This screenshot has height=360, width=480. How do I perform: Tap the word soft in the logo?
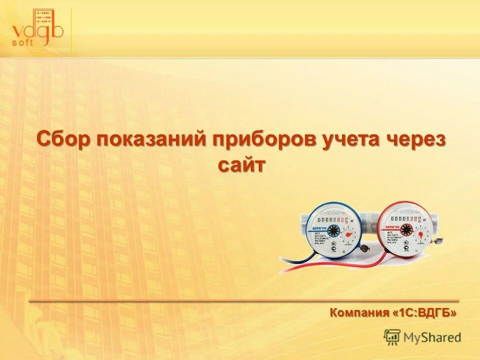[x=23, y=42]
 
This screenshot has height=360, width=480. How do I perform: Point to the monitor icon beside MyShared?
[x=392, y=337]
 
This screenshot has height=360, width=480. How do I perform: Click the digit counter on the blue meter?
[x=332, y=219]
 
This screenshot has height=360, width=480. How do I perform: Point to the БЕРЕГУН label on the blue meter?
[x=319, y=228]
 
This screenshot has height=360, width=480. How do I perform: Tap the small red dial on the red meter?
[x=421, y=233]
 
